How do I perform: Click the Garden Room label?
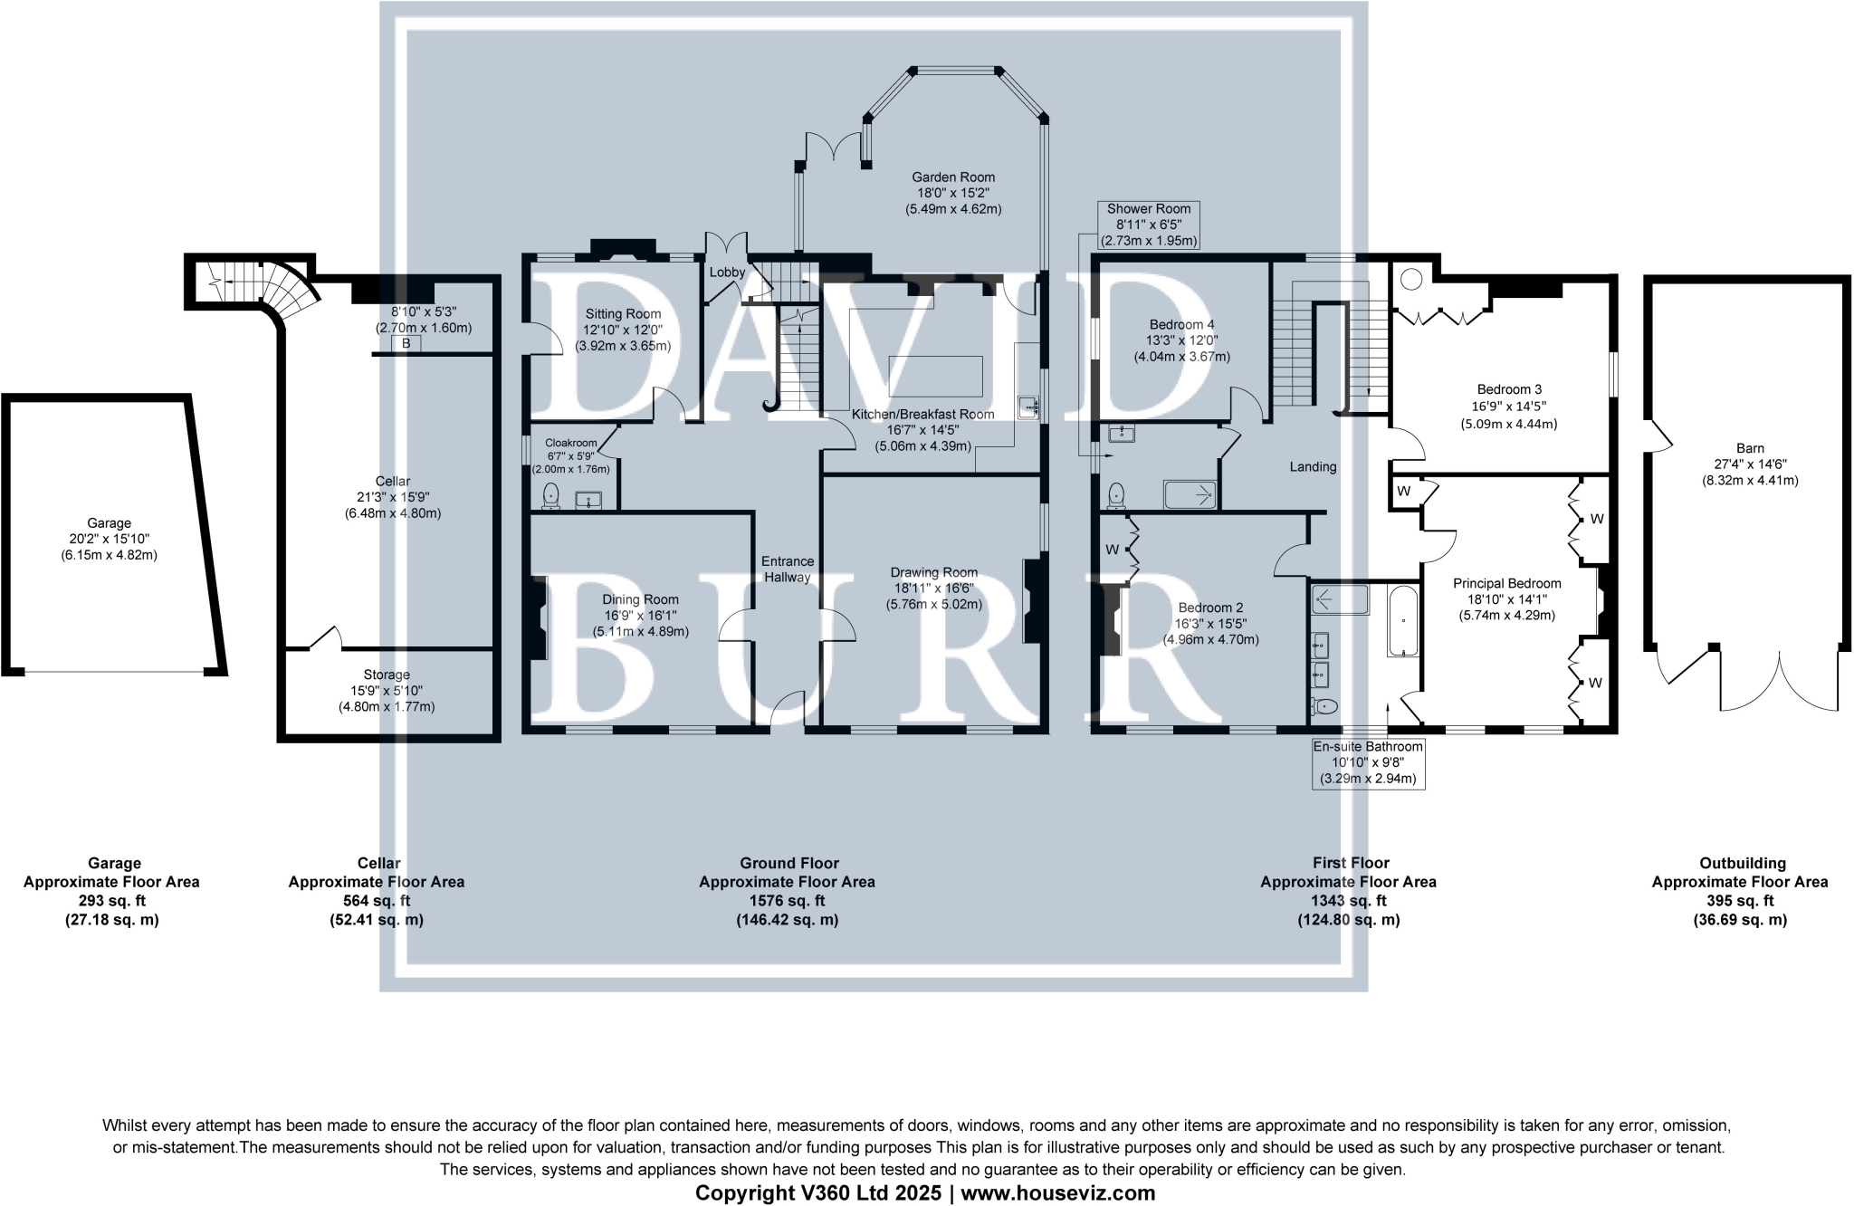(x=953, y=177)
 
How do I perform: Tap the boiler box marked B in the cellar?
(x=406, y=344)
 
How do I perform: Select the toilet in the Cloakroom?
(x=551, y=495)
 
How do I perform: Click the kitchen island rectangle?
(x=935, y=376)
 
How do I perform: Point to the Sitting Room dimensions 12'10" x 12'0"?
(x=623, y=330)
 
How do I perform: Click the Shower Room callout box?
(x=1149, y=225)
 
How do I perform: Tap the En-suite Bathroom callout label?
(x=1368, y=762)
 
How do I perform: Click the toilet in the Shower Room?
(x=1117, y=494)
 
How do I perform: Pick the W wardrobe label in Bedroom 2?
(x=1111, y=549)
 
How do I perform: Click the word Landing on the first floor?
(x=1313, y=467)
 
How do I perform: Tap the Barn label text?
(x=1750, y=448)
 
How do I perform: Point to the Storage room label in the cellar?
(x=387, y=675)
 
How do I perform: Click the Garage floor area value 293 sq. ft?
(x=111, y=901)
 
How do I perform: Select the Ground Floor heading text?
(x=788, y=863)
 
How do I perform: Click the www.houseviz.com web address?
(x=1058, y=1193)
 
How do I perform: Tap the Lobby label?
(x=727, y=273)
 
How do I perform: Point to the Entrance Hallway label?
(x=788, y=569)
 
